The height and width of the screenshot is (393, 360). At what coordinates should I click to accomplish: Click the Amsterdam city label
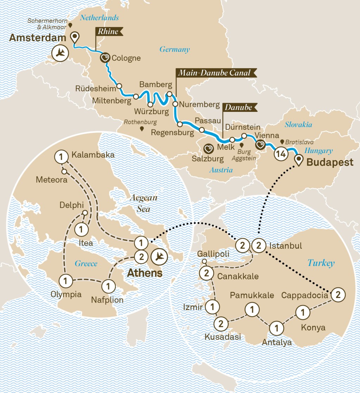pyautogui.click(x=38, y=38)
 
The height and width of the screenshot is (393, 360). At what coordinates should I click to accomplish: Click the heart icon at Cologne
pyautogui.click(x=105, y=58)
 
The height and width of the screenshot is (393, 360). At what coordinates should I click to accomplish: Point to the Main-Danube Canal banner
pyautogui.click(x=214, y=73)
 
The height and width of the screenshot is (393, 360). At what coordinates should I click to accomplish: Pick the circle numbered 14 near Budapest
pyautogui.click(x=281, y=153)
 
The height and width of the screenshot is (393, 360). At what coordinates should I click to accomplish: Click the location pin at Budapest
pyautogui.click(x=299, y=160)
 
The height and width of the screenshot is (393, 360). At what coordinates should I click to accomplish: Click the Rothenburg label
pyautogui.click(x=141, y=123)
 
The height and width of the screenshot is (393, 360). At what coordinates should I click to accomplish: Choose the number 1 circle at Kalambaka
pyautogui.click(x=61, y=156)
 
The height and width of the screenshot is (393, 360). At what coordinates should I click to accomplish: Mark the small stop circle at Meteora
pyautogui.click(x=64, y=172)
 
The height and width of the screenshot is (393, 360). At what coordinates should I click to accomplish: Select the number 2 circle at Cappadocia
pyautogui.click(x=337, y=294)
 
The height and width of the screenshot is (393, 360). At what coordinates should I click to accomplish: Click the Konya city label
pyautogui.click(x=313, y=328)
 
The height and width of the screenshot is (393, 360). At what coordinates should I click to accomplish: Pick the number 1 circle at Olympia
pyautogui.click(x=66, y=281)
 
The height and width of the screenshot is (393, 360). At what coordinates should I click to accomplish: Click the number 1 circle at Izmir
pyautogui.click(x=212, y=306)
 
